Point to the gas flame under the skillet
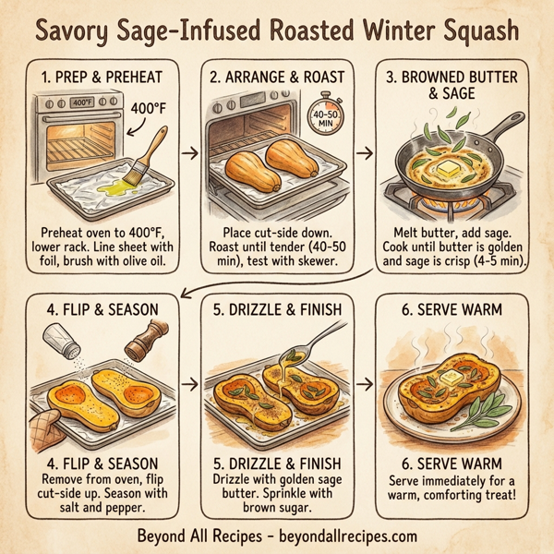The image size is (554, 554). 452,204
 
